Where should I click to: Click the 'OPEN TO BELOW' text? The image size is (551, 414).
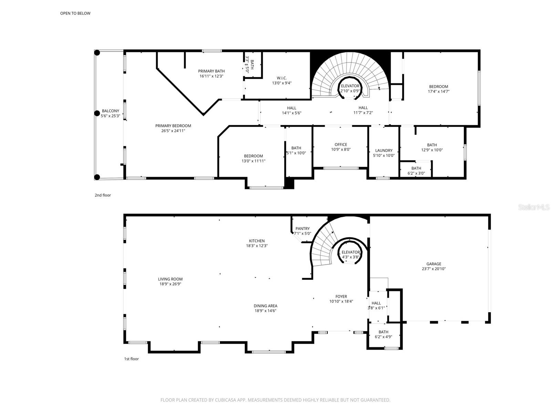(x=75, y=13)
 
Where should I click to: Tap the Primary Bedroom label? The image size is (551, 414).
(x=173, y=126)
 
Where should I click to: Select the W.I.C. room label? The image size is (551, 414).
(x=282, y=78)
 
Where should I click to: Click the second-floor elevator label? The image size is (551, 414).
(x=350, y=86)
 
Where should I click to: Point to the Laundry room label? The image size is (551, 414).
(x=384, y=150)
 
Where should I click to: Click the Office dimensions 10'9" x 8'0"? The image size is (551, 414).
(x=341, y=150)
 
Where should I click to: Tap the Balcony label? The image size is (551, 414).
(x=110, y=111)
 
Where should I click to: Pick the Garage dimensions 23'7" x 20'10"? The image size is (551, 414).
(x=434, y=269)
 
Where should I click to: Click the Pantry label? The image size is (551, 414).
(x=302, y=229)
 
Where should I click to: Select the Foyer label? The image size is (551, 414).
(x=341, y=296)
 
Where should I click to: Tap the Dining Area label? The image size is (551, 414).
(x=265, y=306)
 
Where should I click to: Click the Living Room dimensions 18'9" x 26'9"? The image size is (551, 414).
(x=170, y=284)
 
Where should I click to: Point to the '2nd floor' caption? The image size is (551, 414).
(x=103, y=195)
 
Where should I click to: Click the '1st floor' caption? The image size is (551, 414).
(x=131, y=359)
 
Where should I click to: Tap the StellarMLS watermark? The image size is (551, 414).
(x=534, y=207)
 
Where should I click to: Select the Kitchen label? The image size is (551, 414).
(x=257, y=241)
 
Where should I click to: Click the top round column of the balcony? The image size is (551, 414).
(x=97, y=53)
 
